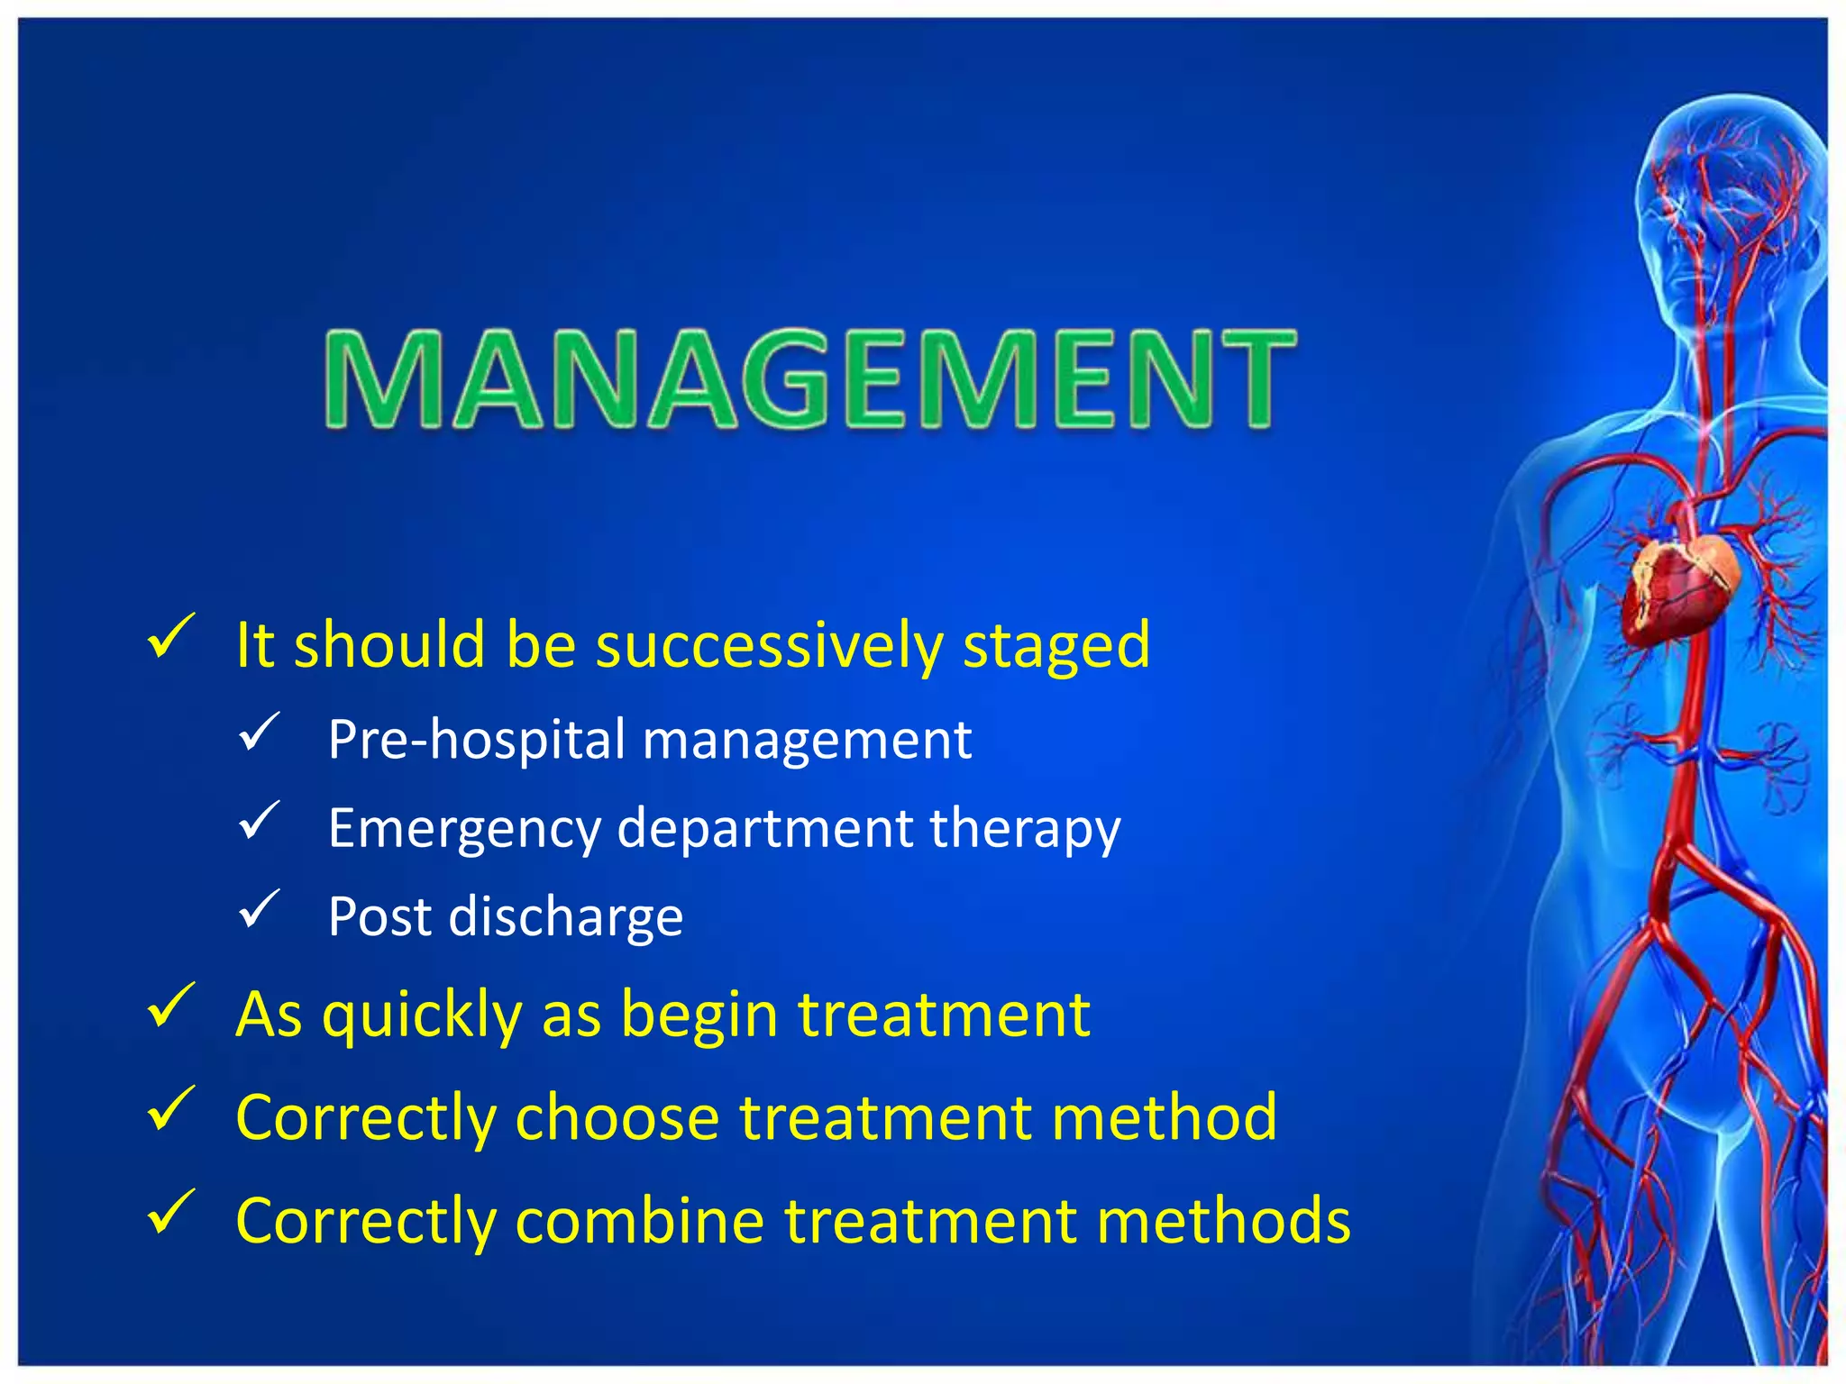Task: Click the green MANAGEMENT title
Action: click(809, 378)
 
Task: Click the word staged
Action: click(1056, 646)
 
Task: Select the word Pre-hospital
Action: click(477, 740)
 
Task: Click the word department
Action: click(765, 829)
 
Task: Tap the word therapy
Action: click(1025, 829)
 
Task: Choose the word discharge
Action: click(566, 917)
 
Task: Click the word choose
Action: click(617, 1118)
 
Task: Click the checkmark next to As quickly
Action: click(170, 1005)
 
